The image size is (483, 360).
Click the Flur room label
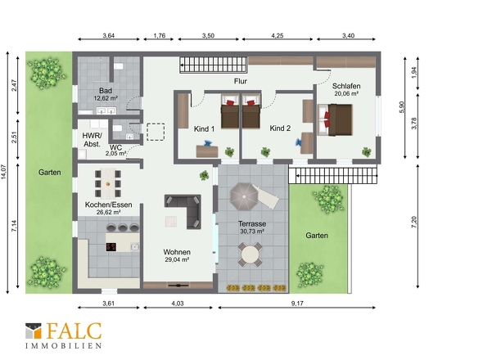240,81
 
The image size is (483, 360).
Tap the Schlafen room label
346,86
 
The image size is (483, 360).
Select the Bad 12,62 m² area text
106,98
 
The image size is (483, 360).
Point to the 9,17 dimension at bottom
297,304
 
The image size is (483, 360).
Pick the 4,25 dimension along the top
278,36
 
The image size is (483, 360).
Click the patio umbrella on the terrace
244,196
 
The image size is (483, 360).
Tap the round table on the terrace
251,255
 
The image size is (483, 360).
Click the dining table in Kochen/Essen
108,183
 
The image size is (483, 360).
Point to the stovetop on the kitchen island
111,246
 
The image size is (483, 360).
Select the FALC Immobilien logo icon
34,331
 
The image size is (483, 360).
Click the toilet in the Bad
119,66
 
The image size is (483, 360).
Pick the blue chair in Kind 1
207,143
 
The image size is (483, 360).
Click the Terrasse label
252,224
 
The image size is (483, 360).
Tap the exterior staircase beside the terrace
333,176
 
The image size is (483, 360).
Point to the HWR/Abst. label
93,140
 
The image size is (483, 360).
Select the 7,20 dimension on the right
414,222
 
